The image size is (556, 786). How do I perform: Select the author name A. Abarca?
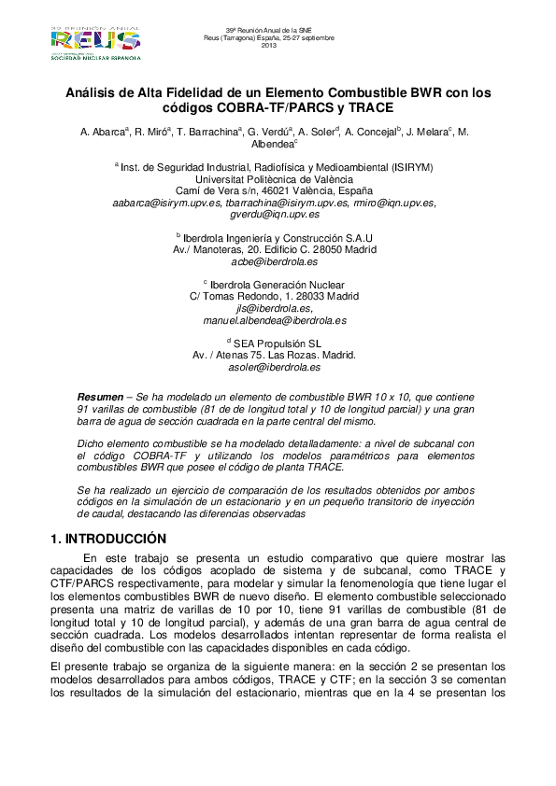pos(105,133)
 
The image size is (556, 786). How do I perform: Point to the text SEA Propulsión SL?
pos(278,344)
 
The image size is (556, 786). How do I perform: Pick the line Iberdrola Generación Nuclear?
pos(278,284)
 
